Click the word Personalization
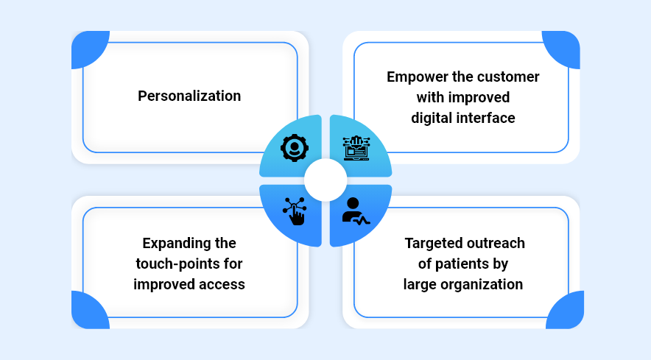pos(189,96)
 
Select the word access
pos(223,284)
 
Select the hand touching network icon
pos(295,211)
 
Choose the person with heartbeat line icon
pos(356,211)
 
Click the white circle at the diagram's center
pos(325,180)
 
